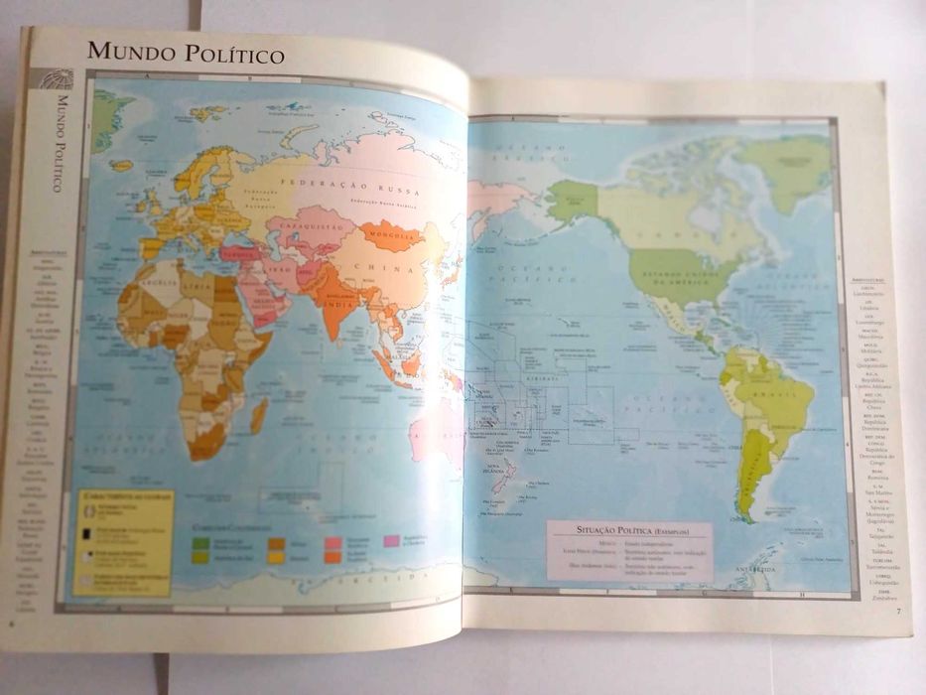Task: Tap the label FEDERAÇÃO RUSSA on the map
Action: [349, 186]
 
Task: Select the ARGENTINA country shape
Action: [751, 478]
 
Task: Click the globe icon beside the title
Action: [58, 78]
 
